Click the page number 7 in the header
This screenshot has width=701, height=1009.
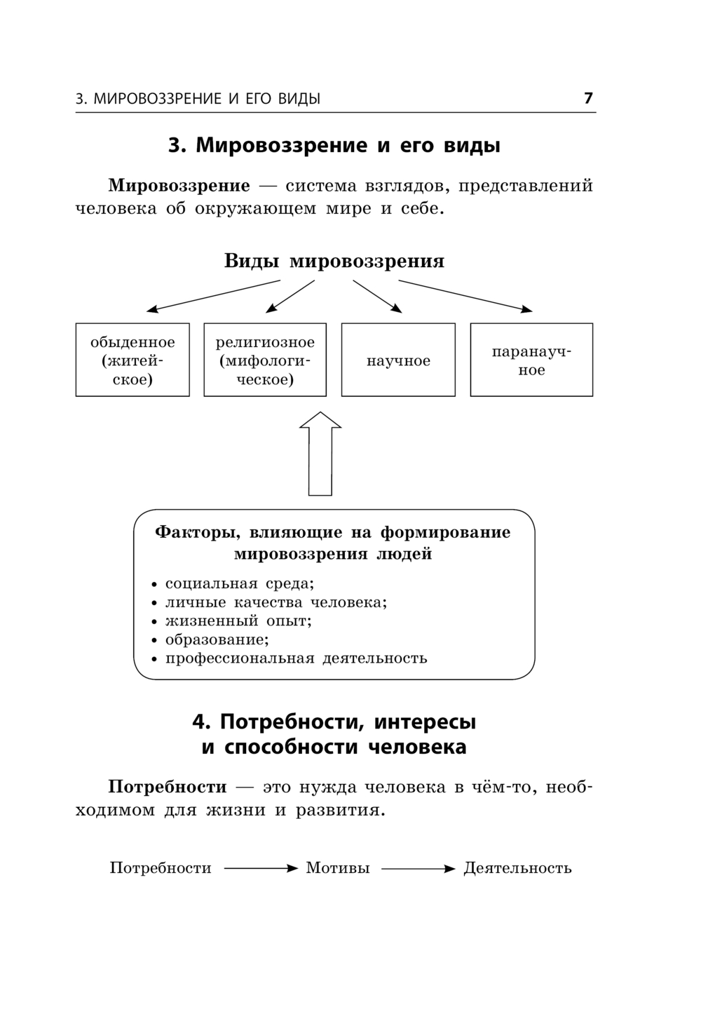(x=588, y=98)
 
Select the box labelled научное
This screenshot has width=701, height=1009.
(x=398, y=360)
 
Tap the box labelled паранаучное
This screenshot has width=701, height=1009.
(x=531, y=360)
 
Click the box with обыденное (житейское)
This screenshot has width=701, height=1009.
(x=132, y=360)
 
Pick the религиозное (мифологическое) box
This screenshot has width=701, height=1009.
(x=265, y=360)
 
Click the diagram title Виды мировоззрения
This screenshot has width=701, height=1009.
(x=334, y=262)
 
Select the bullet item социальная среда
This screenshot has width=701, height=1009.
(x=239, y=583)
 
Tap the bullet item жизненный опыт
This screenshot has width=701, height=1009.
(x=238, y=621)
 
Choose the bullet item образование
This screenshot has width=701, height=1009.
(x=217, y=639)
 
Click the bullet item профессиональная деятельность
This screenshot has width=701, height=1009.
(x=296, y=658)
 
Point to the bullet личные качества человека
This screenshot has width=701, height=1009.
(x=275, y=602)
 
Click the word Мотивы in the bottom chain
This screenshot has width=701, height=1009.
(x=338, y=868)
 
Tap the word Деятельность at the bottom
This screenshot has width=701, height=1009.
(x=517, y=868)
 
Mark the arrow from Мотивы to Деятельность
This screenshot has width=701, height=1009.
(x=418, y=869)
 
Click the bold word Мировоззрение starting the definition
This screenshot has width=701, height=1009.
(x=179, y=186)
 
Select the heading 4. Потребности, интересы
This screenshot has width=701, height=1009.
(x=334, y=722)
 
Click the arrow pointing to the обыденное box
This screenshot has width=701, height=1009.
(x=213, y=295)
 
